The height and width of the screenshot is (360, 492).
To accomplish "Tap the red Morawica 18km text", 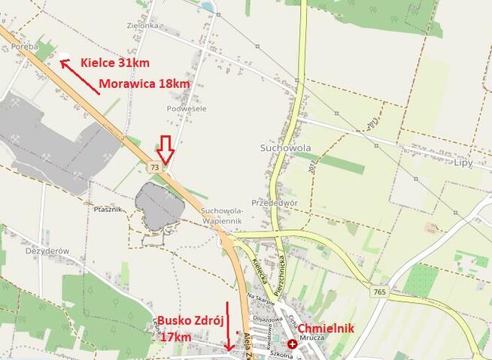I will (144, 83).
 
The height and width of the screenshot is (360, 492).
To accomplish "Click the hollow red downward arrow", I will (167, 149).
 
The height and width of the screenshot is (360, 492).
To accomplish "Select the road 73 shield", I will (155, 165).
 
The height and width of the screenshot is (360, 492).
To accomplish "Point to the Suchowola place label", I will (284, 147).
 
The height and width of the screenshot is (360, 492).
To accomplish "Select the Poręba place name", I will (25, 46).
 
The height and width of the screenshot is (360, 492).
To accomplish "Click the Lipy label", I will (463, 162).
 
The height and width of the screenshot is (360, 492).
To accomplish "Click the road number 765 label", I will (380, 290).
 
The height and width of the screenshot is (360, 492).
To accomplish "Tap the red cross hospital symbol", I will (292, 343).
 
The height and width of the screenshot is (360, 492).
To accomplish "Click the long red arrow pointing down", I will (227, 324).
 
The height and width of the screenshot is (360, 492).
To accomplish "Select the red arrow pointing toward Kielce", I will (79, 77).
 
